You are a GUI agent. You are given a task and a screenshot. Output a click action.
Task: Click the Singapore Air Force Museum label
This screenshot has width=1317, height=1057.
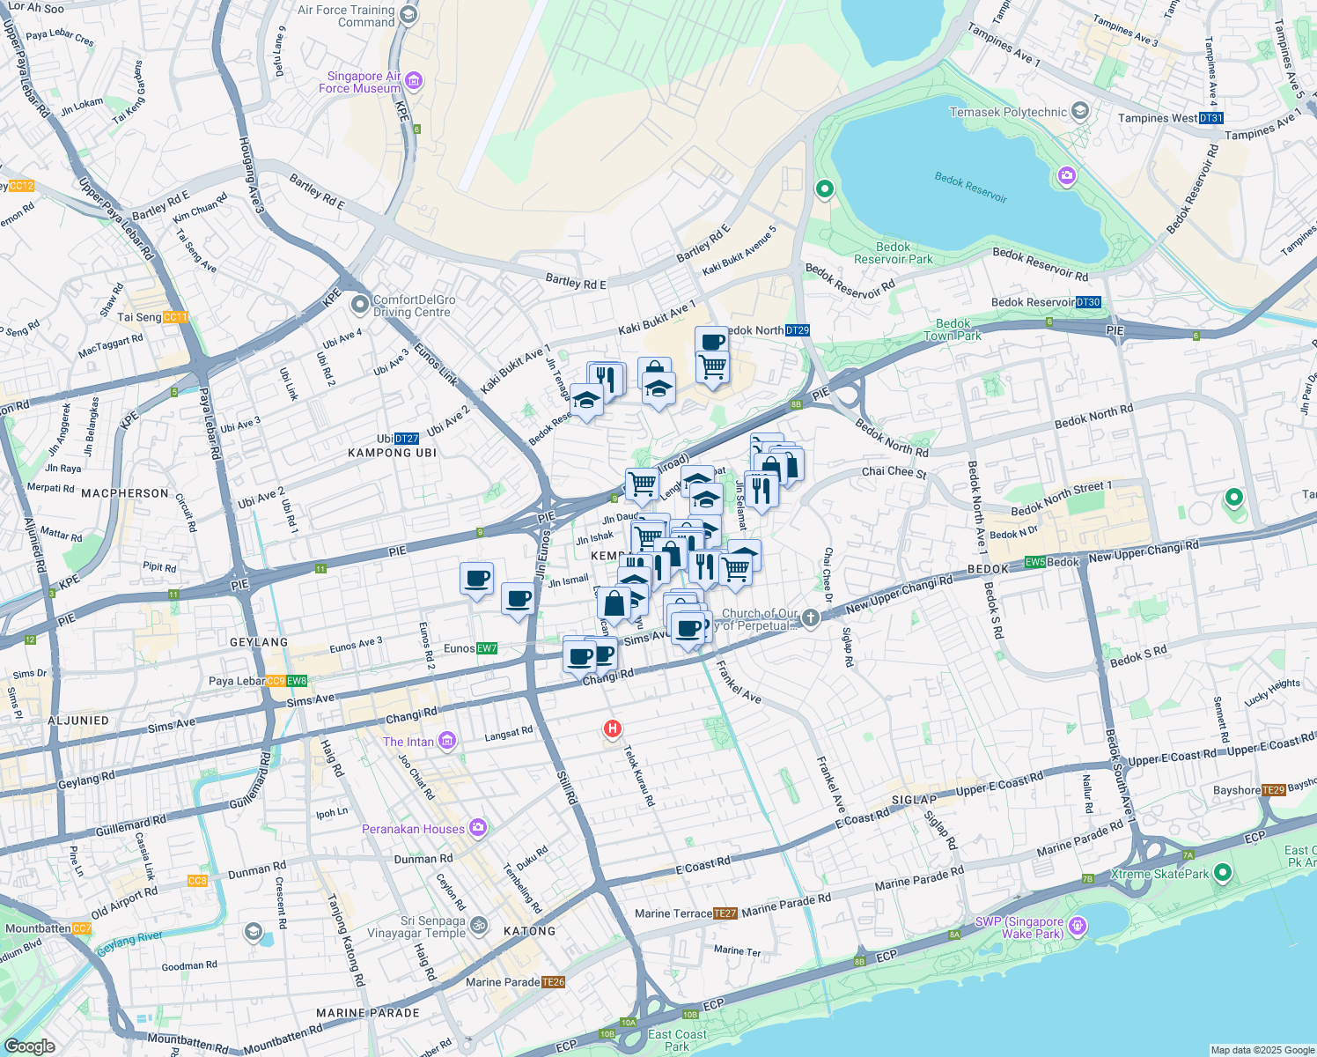(359, 82)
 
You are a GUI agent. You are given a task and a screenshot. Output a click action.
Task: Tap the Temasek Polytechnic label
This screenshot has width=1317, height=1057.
(1008, 112)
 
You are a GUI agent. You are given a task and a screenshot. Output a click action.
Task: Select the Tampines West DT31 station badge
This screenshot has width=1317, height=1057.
(1210, 118)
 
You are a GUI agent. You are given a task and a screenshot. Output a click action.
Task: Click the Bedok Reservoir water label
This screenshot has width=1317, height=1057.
(970, 187)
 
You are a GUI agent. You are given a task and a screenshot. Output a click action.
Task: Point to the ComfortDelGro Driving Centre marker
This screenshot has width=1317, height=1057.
(359, 305)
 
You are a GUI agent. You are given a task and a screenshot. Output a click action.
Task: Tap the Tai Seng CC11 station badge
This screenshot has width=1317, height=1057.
(175, 317)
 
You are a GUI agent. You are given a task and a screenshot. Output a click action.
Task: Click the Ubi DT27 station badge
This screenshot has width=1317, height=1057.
(407, 439)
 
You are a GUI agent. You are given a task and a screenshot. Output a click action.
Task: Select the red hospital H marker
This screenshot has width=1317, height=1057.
(612, 729)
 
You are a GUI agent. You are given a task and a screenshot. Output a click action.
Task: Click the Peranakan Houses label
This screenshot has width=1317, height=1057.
(413, 829)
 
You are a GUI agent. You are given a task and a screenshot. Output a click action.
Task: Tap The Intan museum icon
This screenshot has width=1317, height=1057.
(447, 741)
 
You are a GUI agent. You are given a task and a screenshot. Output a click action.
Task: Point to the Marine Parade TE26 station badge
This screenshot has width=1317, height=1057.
(553, 982)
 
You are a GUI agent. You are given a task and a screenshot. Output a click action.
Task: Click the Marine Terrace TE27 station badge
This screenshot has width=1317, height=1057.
(725, 913)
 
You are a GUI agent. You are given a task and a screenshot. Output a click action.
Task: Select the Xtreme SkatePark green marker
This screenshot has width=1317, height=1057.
(1222, 873)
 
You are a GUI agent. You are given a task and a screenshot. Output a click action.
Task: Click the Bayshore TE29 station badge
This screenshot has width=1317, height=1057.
(1274, 790)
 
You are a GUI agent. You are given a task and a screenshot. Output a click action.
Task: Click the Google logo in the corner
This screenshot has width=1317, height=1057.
(29, 1046)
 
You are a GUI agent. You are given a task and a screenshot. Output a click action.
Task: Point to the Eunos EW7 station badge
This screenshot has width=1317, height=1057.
(487, 648)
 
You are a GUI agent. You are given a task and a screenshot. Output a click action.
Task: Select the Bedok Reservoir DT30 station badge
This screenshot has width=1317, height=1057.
(1088, 302)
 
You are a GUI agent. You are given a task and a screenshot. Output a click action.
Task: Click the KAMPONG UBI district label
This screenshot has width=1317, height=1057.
(392, 453)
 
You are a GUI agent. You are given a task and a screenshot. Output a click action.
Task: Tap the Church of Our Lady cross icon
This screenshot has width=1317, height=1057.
(811, 618)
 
